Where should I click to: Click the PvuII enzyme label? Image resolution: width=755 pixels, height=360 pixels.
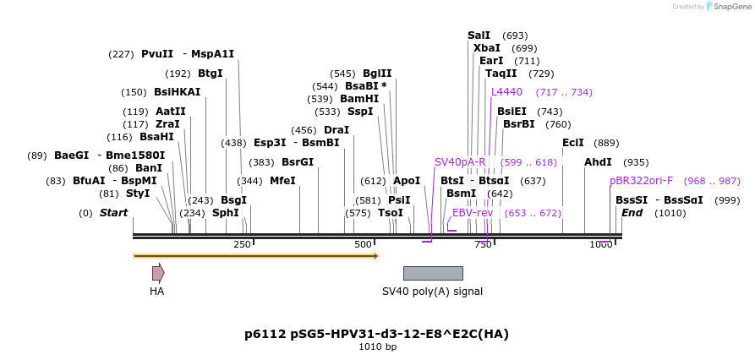[157, 54]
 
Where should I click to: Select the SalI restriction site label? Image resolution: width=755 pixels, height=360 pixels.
[479, 35]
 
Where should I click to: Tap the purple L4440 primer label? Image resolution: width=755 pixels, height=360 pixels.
[506, 92]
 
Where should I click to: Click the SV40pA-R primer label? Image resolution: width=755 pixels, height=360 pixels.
[460, 162]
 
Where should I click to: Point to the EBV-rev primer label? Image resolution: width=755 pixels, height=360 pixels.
[473, 213]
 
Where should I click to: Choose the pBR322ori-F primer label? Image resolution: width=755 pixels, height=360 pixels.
[641, 181]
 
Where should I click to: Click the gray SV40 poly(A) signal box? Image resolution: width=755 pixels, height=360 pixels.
[433, 273]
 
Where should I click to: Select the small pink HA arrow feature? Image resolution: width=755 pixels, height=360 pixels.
[158, 272]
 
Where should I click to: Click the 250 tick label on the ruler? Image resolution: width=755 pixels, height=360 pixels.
[242, 245]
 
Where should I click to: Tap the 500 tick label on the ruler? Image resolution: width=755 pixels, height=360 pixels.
[364, 245]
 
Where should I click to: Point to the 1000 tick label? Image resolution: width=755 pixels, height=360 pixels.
[601, 245]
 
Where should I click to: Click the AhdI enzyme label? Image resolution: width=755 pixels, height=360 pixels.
[598, 162]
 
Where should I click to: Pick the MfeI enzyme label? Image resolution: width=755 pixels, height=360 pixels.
[282, 181]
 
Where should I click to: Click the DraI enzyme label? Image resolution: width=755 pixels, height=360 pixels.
[336, 130]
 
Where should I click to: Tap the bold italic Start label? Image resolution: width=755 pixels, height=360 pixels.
[113, 213]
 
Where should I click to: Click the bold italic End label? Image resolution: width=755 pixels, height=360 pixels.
[632, 213]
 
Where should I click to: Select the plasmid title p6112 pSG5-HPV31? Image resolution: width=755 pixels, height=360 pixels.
[376, 334]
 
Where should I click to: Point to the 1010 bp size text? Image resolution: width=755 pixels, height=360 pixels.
[377, 346]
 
